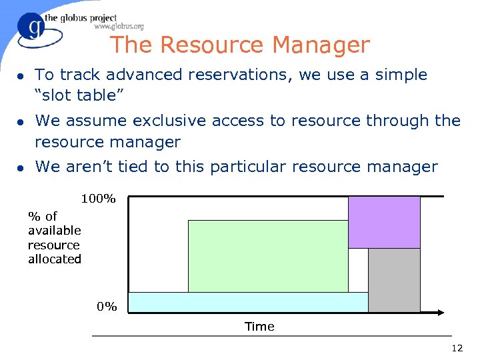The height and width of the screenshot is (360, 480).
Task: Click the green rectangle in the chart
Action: tap(268, 256)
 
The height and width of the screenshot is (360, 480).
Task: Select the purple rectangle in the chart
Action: tap(384, 222)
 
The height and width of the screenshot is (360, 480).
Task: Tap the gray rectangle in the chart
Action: tap(394, 280)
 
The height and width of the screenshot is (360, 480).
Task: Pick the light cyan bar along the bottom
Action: tap(248, 302)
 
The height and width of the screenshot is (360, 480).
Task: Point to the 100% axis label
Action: tap(99, 199)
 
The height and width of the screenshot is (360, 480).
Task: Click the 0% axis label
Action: tap(107, 307)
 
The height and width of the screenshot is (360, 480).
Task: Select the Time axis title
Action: tap(259, 327)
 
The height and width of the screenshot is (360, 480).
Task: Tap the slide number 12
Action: tap(457, 348)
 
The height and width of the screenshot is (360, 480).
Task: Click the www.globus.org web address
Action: tap(119, 27)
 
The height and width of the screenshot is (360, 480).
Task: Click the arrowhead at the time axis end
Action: tap(441, 312)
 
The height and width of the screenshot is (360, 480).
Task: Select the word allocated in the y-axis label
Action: tap(55, 259)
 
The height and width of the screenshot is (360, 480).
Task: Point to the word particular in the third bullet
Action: tap(247, 167)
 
